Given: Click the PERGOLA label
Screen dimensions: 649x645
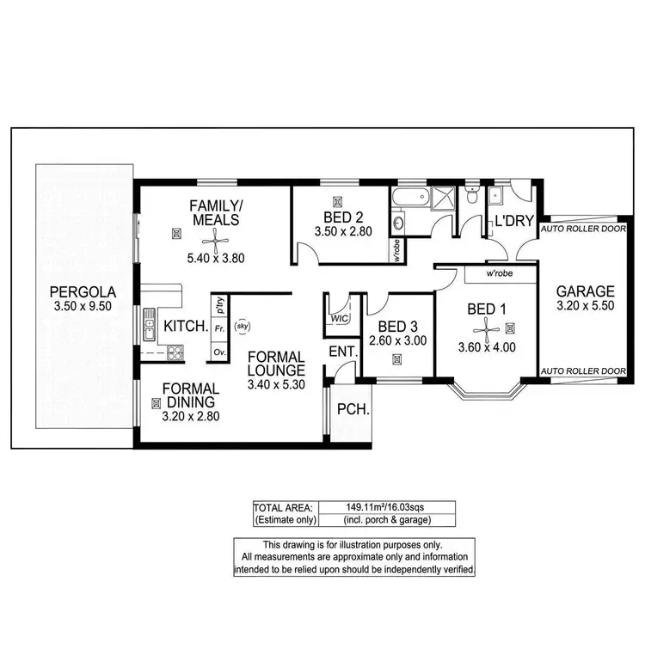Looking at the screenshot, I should pyautogui.click(x=82, y=291).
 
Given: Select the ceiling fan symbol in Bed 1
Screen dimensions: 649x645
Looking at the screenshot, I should pyautogui.click(x=487, y=326).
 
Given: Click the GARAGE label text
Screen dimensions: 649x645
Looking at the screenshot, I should pyautogui.click(x=585, y=291).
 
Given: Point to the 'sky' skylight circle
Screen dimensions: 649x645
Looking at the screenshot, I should pyautogui.click(x=243, y=326).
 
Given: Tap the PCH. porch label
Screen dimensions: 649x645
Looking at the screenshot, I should pyautogui.click(x=353, y=409).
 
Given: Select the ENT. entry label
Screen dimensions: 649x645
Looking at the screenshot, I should pyautogui.click(x=341, y=352).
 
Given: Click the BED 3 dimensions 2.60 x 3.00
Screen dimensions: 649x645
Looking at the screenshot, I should pyautogui.click(x=396, y=341).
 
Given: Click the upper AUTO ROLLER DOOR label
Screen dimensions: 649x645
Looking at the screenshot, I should pyautogui.click(x=583, y=230).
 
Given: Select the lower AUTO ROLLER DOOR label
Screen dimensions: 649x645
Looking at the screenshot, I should pyautogui.click(x=583, y=371).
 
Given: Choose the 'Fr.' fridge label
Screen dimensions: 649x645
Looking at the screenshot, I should pyautogui.click(x=218, y=328).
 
